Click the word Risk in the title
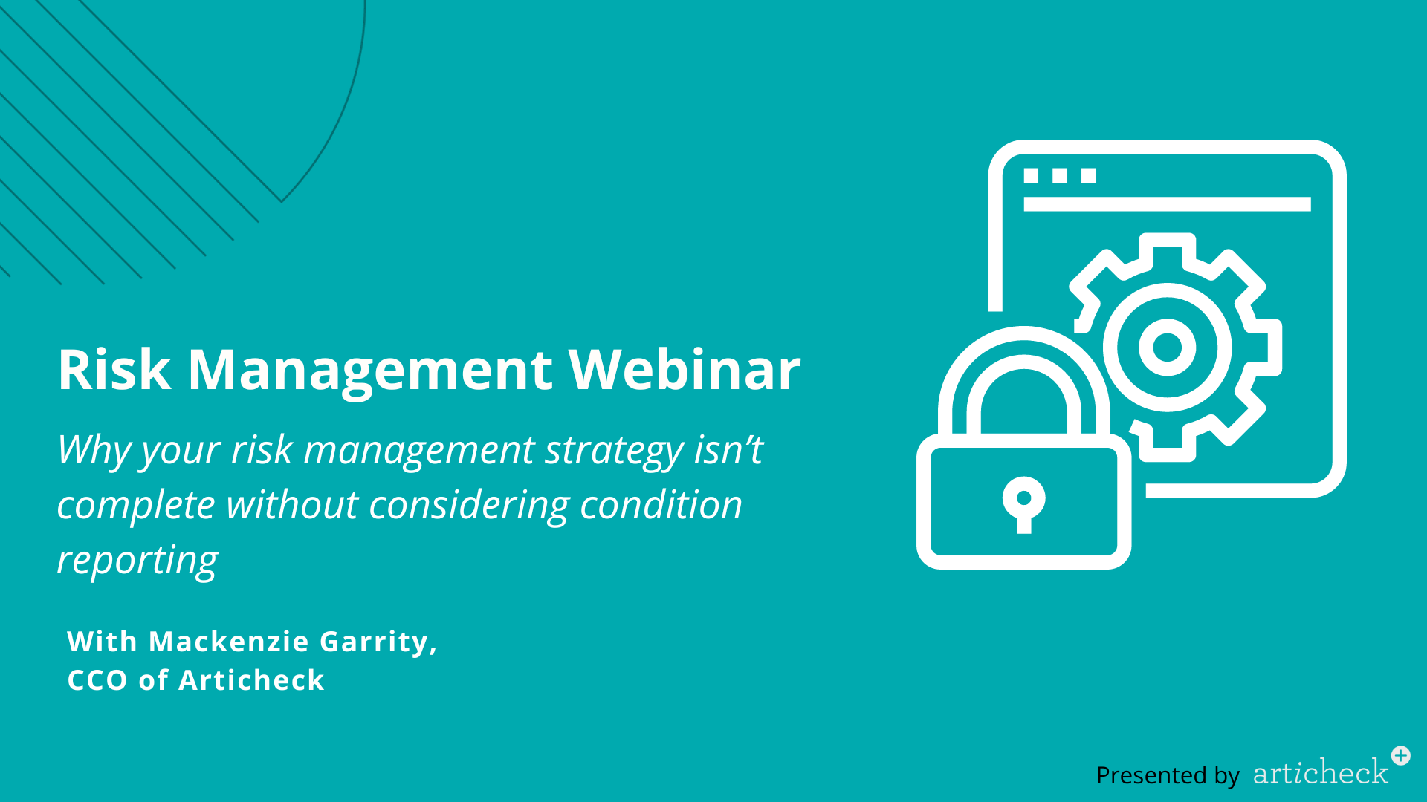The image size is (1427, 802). (114, 369)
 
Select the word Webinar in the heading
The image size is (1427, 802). (685, 369)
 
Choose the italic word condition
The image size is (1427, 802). (661, 505)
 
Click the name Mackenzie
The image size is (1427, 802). (229, 642)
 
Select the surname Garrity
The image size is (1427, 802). (378, 642)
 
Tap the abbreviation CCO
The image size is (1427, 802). (97, 680)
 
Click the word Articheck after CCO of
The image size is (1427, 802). (252, 680)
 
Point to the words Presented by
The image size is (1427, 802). (1168, 775)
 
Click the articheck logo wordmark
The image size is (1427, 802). (1321, 772)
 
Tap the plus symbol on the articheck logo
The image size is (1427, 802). (1401, 756)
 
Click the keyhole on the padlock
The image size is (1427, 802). (1023, 503)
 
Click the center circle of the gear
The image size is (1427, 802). (1167, 347)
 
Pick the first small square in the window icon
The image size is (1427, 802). (1031, 175)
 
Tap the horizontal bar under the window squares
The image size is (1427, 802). (1167, 204)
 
